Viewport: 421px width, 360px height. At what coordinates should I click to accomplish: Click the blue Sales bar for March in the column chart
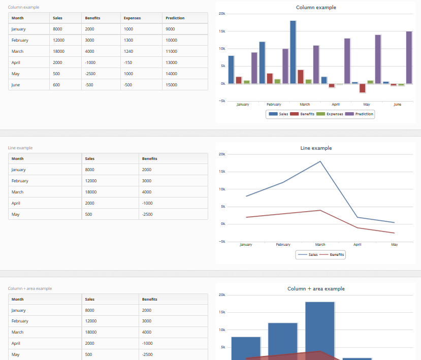tap(293, 52)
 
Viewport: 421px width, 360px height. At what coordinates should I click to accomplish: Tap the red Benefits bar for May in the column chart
tap(362, 88)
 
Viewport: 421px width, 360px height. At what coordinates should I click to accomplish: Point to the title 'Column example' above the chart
tap(316, 8)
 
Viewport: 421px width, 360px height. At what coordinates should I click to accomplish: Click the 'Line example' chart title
tap(316, 148)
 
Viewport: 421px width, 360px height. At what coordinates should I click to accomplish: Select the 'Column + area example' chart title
tap(316, 289)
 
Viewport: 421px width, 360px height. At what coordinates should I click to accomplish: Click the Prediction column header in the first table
tap(175, 18)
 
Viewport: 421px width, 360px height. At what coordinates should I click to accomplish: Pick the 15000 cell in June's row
tap(172, 85)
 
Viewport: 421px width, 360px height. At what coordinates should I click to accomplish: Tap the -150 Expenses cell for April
tap(128, 62)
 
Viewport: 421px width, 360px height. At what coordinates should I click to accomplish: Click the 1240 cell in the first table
tap(129, 51)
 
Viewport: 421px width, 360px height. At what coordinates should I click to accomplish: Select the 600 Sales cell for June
tap(56, 85)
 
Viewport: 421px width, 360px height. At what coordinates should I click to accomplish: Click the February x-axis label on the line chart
tap(283, 245)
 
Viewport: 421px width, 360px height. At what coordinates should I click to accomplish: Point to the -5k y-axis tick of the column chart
tap(221, 101)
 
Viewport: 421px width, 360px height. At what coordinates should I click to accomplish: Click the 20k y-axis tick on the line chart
tap(221, 154)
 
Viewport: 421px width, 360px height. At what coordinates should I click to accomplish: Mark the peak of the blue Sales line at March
tap(320, 161)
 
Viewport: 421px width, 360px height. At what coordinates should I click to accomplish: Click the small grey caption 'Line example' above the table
tap(20, 148)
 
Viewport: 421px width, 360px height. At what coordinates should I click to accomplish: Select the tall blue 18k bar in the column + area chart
tap(320, 330)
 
